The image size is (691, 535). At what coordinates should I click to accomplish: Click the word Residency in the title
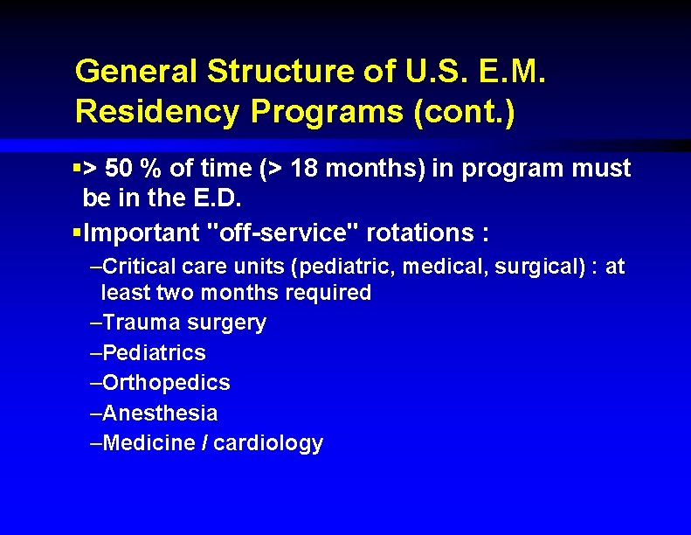tap(153, 112)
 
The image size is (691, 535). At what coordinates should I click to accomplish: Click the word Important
tap(143, 234)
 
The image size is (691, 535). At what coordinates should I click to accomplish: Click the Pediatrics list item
tap(154, 353)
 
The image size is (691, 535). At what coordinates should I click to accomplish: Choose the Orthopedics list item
tap(166, 383)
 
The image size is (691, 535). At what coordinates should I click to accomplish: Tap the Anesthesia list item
tap(160, 413)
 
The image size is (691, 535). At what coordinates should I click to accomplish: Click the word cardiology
tap(268, 443)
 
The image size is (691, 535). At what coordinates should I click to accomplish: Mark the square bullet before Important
tap(78, 234)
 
